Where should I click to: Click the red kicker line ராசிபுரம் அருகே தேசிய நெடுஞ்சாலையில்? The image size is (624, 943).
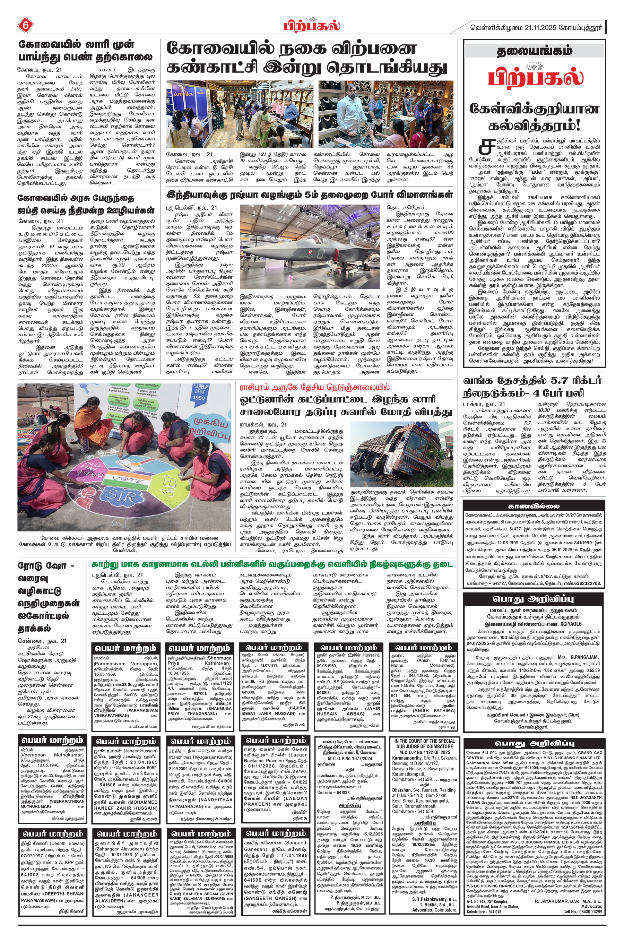pos(314,387)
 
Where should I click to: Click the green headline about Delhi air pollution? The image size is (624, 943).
pos(272,564)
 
